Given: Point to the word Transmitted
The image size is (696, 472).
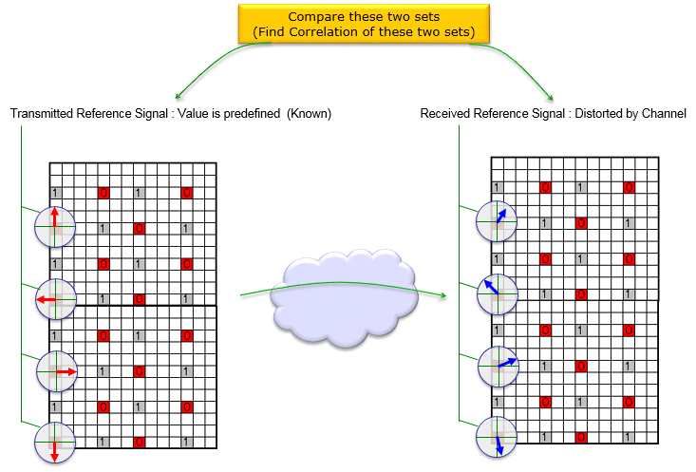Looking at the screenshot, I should [42, 114].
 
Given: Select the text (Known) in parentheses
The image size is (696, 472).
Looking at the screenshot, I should [310, 114].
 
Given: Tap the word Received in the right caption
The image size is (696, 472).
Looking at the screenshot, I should [444, 114].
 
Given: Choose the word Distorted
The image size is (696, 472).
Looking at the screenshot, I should [590, 114].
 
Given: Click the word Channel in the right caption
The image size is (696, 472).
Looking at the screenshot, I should [665, 114].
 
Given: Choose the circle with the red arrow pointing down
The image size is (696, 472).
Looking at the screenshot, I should [53, 442].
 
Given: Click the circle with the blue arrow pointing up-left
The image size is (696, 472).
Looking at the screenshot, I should [496, 293].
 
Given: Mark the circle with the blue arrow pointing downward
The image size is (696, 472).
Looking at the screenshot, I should [496, 436].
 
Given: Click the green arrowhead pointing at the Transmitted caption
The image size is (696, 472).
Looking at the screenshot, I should [178, 96].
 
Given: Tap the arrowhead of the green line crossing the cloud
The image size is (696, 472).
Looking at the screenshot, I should [442, 295].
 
